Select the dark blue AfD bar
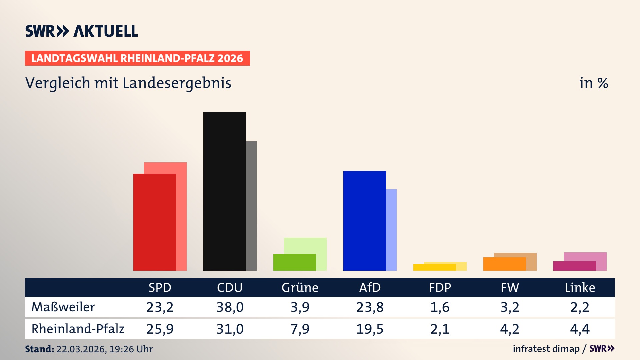pyautogui.click(x=364, y=221)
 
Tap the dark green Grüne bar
pyautogui.click(x=294, y=262)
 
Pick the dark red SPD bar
pyautogui.click(x=154, y=222)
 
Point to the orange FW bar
pyautogui.click(x=504, y=264)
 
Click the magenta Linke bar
pyautogui.click(x=574, y=266)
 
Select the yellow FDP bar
pyautogui.click(x=434, y=267)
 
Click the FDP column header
pyautogui.click(x=440, y=288)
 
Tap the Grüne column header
pyautogui.click(x=300, y=288)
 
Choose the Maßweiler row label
pyautogui.click(x=63, y=307)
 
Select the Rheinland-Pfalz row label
pyautogui.click(x=78, y=329)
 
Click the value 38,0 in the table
pyautogui.click(x=230, y=307)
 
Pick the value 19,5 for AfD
pyautogui.click(x=370, y=329)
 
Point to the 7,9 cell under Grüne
pyautogui.click(x=300, y=329)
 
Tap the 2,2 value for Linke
pyautogui.click(x=580, y=307)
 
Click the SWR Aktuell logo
pyautogui.click(x=82, y=31)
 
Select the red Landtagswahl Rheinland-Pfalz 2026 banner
pyautogui.click(x=137, y=58)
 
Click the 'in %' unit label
pyautogui.click(x=593, y=83)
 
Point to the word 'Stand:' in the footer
pyautogui.click(x=39, y=349)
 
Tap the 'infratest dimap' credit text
pyautogui.click(x=546, y=349)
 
